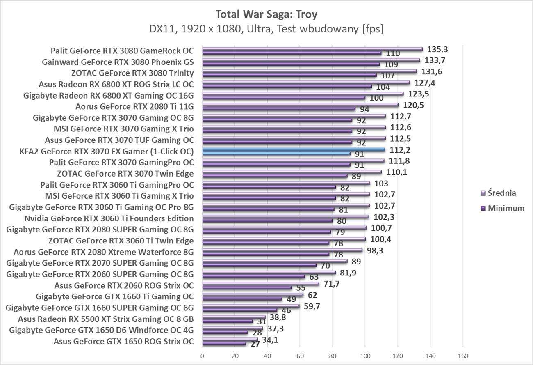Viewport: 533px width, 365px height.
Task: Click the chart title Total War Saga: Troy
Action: (266, 14)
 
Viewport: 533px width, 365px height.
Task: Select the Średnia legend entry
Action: (498, 193)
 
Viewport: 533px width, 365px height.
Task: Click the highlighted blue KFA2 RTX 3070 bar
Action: (294, 149)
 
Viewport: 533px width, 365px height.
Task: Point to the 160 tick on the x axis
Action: (462, 356)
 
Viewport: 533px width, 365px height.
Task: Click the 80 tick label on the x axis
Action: (332, 356)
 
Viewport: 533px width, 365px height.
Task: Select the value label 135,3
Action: (437, 49)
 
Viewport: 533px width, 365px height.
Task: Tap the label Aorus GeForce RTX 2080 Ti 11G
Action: (134, 107)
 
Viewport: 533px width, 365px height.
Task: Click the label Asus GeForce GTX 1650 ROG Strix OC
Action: (124, 341)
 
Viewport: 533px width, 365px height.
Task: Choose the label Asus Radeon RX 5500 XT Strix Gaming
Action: (106, 319)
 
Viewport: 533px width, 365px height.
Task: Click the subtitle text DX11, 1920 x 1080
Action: (266, 29)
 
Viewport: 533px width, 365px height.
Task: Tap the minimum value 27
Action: (255, 344)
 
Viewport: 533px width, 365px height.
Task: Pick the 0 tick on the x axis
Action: (202, 356)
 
